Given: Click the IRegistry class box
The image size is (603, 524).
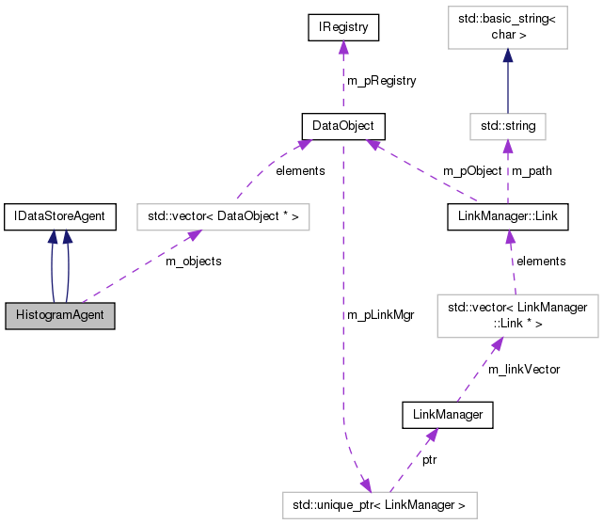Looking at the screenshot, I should (343, 29).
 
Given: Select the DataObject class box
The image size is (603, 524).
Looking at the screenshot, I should (343, 124).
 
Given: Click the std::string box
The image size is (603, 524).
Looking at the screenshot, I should (507, 124).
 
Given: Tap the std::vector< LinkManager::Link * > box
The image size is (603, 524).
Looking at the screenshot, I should (517, 315).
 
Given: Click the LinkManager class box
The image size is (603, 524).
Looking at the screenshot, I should (448, 414).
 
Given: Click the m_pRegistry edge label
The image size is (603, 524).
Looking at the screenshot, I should (382, 81).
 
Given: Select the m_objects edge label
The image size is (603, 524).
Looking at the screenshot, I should (194, 262).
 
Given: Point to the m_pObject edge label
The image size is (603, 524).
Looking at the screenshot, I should (472, 171).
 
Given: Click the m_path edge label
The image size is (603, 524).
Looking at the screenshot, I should (531, 171).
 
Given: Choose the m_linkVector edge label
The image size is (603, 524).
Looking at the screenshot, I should (524, 370).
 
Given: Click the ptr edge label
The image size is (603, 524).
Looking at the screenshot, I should (428, 460).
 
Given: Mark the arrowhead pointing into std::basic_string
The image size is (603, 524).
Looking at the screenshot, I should (507, 57).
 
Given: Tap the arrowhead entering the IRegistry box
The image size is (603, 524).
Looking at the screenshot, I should (343, 48).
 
